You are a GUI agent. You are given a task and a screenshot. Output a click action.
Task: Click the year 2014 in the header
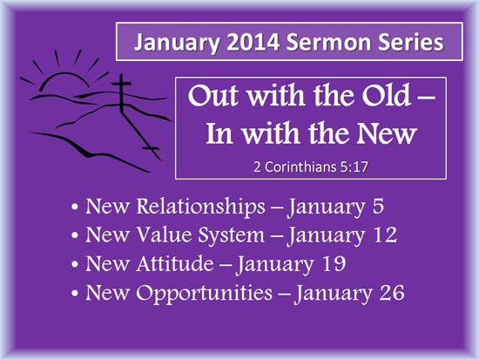[253, 42]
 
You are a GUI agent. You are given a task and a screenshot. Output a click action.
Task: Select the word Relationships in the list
[200, 206]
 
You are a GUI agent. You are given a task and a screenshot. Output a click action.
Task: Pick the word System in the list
[232, 235]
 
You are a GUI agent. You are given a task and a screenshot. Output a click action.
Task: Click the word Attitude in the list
[175, 263]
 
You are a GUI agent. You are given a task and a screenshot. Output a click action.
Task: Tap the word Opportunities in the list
[204, 293]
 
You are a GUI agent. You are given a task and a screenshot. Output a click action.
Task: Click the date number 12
[385, 234]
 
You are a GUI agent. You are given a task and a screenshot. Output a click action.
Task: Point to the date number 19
[334, 263]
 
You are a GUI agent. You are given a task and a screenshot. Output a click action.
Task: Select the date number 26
[392, 292]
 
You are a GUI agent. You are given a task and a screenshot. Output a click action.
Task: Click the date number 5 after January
[378, 207]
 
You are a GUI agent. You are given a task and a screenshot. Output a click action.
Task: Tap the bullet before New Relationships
[75, 207]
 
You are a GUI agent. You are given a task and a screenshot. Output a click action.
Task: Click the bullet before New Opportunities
[75, 293]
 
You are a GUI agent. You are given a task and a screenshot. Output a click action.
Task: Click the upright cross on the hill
[122, 93]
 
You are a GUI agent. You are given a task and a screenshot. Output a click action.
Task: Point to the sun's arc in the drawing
[64, 74]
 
